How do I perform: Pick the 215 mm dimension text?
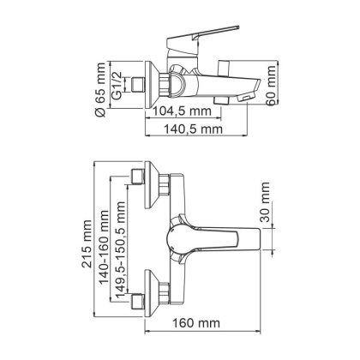click(88, 249)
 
